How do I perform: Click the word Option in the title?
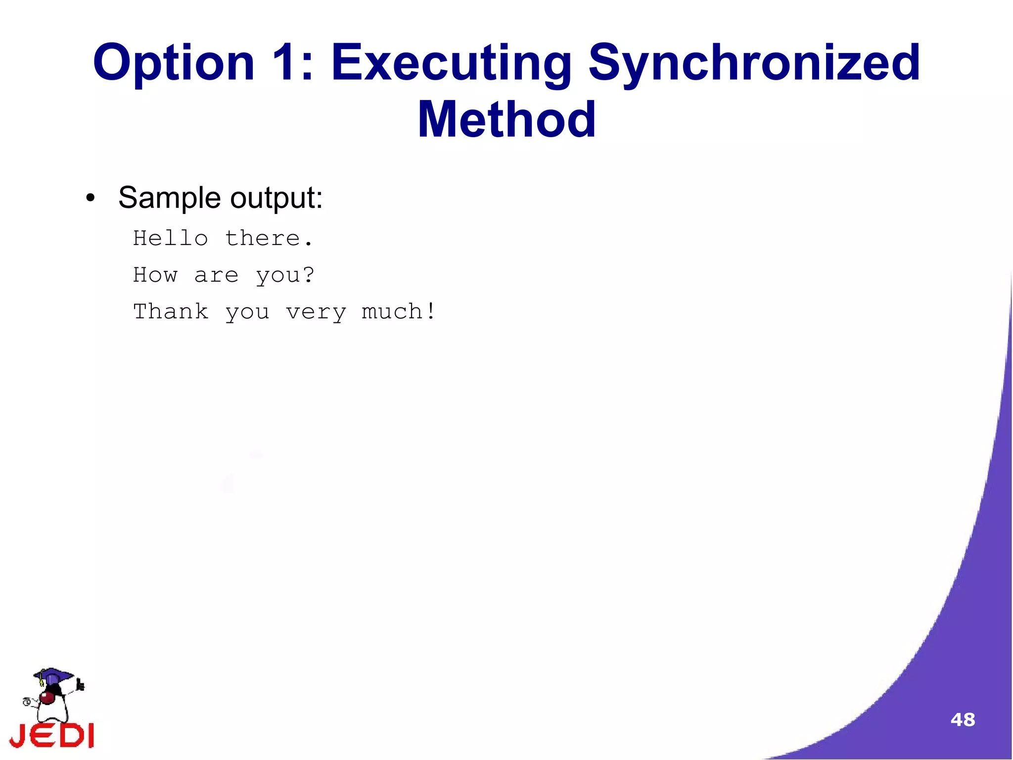[174, 63]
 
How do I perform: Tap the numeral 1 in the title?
[287, 63]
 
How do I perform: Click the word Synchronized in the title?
[754, 63]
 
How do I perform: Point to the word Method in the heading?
[506, 120]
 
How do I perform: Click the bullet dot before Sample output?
[90, 199]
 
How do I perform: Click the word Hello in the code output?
[171, 239]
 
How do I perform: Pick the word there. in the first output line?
[269, 239]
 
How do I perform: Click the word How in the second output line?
[155, 275]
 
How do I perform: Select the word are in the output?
[216, 275]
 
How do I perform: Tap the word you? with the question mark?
[285, 275]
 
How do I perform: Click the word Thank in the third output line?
[171, 311]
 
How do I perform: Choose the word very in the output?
[316, 312]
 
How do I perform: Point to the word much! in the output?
[399, 311]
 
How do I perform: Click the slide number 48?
[963, 719]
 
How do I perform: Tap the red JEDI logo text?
[52, 736]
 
